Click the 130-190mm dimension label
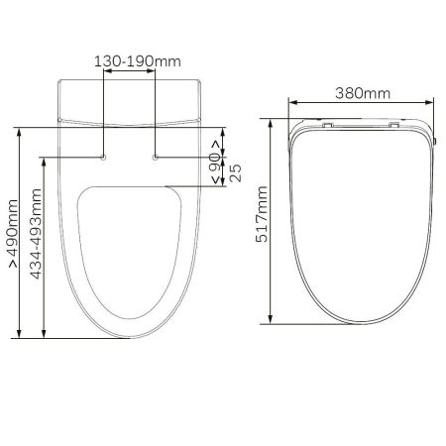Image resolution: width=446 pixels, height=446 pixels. tap(138, 61)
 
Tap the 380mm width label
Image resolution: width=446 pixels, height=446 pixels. tap(363, 93)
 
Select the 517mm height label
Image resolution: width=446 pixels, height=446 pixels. tap(262, 214)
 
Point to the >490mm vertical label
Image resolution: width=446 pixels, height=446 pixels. tap(14, 233)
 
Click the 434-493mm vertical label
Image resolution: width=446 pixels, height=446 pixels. tap(36, 234)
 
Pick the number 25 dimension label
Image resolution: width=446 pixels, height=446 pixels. tap(236, 172)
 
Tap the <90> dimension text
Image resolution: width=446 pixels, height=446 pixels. tap(215, 162)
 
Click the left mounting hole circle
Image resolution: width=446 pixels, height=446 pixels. tap(103, 158)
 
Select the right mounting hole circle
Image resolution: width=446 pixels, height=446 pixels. tap(156, 158)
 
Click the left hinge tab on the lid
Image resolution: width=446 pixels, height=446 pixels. tap(327, 125)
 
